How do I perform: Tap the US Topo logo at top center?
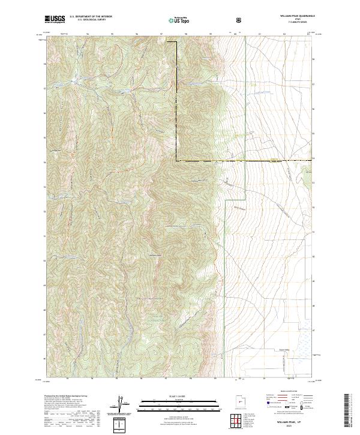pos(179,20)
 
